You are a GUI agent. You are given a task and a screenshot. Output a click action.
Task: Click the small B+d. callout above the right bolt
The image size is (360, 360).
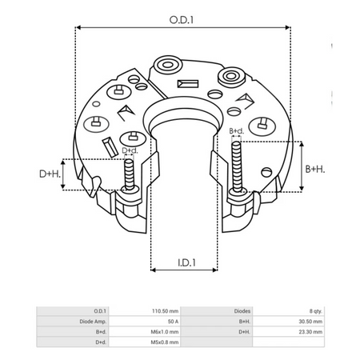tap(237, 130)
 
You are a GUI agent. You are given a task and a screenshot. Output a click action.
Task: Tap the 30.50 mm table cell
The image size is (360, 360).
tap(308, 320)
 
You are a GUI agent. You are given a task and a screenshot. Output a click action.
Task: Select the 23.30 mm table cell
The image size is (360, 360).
tap(308, 330)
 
